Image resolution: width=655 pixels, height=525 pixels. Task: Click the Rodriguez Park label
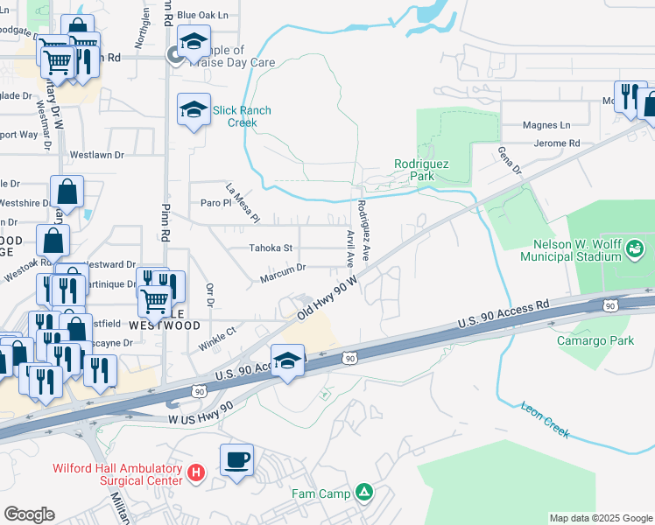420,169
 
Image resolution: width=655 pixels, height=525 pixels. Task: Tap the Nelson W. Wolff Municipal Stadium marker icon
632,250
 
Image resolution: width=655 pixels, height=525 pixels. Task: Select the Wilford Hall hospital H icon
196,473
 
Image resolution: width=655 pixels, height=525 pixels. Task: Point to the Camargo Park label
595,340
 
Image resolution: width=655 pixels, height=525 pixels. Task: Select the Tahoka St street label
271,248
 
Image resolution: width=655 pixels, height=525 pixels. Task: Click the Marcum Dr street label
282,278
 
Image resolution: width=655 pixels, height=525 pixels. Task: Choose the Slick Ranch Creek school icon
194,109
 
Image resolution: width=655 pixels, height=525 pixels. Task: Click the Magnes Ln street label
546,125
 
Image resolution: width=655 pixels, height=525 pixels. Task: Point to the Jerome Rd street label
557,143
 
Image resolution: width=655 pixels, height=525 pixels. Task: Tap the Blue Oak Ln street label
202,15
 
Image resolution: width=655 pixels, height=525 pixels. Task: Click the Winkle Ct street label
217,337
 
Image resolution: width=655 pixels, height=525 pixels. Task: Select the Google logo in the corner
29,514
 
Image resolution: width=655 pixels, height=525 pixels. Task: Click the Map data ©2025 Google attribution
600,518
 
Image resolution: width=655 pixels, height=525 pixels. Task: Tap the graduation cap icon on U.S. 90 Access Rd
287,360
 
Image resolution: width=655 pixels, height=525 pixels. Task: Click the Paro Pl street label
215,203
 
